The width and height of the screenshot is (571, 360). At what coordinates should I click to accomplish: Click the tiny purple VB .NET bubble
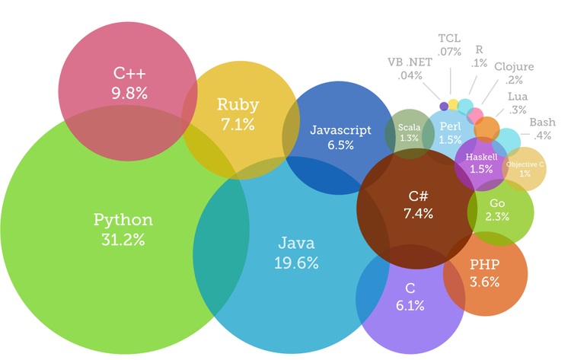444,107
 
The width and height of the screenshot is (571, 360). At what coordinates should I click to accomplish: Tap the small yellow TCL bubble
453,104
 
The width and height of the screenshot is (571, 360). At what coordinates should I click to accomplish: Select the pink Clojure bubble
475,116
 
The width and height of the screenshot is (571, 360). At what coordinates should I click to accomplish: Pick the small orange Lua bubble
487,129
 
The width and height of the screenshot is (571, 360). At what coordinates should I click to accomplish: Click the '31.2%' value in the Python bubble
123,240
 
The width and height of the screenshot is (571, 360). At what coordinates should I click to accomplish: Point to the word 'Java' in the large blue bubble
296,243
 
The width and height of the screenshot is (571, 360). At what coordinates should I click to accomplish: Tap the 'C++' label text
129,73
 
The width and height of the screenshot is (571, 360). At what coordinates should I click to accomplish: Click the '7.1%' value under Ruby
238,125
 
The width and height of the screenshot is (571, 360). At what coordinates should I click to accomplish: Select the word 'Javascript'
340,130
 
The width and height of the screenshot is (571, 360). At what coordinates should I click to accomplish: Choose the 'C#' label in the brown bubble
418,196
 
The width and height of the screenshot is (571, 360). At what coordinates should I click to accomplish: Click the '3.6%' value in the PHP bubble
484,282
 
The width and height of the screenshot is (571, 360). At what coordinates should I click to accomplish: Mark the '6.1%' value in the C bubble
410,305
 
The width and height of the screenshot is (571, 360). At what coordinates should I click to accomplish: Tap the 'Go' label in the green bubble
497,203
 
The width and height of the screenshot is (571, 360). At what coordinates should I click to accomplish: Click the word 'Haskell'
481,158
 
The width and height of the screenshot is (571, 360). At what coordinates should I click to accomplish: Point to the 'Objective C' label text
525,164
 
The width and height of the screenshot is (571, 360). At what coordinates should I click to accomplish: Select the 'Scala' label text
410,127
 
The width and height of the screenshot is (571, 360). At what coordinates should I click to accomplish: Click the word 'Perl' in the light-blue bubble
450,126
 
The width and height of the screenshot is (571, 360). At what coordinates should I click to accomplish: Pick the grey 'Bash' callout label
542,122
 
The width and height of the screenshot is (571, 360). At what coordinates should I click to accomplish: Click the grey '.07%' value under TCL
449,52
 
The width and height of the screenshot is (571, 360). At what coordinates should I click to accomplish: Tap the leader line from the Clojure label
490,92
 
